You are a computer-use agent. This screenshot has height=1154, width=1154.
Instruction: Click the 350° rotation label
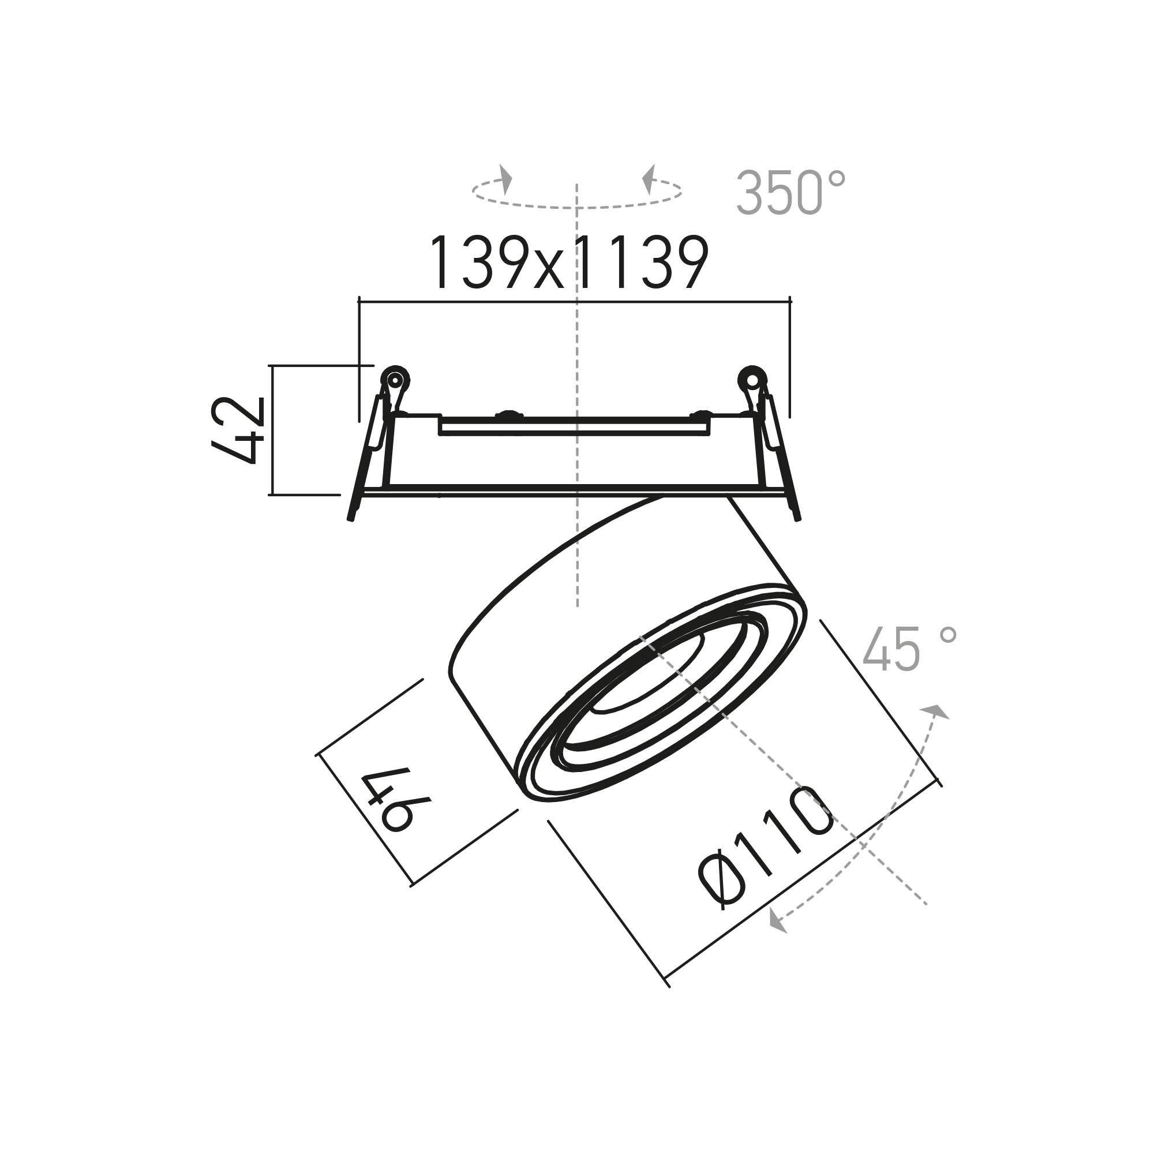[790, 193]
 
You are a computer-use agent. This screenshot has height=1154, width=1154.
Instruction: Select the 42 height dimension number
[237, 430]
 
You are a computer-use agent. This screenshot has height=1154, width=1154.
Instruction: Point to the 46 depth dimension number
[387, 800]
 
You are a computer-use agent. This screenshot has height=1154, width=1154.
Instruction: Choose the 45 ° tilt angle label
[910, 649]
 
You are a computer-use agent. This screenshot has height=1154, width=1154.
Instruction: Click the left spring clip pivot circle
[394, 379]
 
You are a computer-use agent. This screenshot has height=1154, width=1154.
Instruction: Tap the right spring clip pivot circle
[753, 379]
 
